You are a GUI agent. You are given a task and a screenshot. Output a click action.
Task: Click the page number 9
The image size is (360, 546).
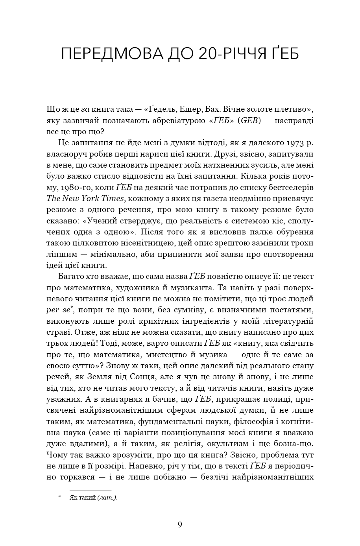tap(180, 524)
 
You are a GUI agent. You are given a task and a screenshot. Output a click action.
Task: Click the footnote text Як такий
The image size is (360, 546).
tap(83, 498)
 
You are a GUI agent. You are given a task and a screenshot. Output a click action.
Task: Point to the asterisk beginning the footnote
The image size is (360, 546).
tap(60, 497)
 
